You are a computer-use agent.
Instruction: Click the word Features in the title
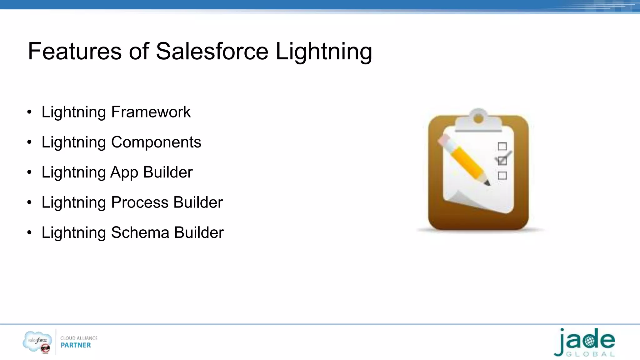(75, 52)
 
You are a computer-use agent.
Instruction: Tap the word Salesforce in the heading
(212, 52)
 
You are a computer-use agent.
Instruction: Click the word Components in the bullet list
(156, 142)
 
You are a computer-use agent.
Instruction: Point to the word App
(124, 173)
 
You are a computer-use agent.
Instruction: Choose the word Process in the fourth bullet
(140, 202)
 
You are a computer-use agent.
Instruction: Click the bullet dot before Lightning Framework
(29, 112)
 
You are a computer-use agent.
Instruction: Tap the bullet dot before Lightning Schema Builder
(29, 233)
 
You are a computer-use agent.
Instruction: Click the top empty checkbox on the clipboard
(502, 146)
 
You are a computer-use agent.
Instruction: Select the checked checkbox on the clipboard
(502, 161)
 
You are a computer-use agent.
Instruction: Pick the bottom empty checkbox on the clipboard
(502, 175)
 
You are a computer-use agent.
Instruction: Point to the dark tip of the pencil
(487, 183)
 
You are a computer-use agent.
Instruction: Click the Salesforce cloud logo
(37, 341)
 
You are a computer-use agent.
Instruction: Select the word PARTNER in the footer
(76, 345)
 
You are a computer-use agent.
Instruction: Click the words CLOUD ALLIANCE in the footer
(79, 338)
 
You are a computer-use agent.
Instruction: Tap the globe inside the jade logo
(589, 341)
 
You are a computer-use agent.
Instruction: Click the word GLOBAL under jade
(591, 354)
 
